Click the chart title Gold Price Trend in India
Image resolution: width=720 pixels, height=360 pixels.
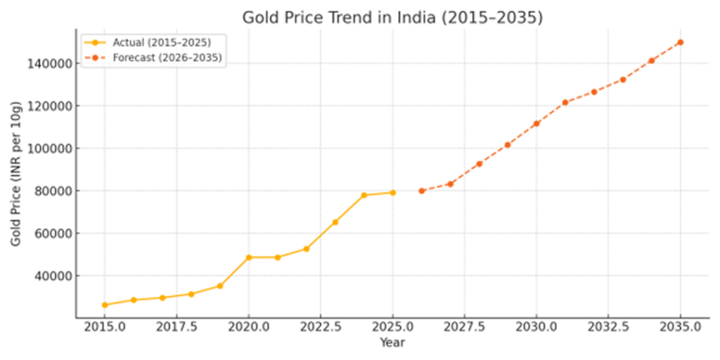click(392, 18)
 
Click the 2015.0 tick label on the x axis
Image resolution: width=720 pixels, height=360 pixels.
click(105, 328)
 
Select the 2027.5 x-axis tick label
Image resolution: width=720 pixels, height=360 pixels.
click(465, 328)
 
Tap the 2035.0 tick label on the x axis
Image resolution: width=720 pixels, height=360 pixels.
click(680, 328)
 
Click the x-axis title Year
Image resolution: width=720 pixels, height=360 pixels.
click(392, 342)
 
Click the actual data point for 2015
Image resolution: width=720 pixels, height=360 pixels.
click(105, 304)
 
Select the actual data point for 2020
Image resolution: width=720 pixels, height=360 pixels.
click(249, 257)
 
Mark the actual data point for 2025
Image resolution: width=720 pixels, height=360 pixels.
click(392, 193)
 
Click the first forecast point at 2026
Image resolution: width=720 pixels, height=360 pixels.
click(421, 191)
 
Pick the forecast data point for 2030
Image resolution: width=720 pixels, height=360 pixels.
click(536, 124)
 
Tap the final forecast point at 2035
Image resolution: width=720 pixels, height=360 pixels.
click(680, 42)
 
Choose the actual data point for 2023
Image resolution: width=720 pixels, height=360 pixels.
click(335, 222)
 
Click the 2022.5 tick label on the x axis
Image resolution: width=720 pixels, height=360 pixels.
click(321, 328)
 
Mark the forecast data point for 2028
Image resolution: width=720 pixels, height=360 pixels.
click(479, 164)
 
